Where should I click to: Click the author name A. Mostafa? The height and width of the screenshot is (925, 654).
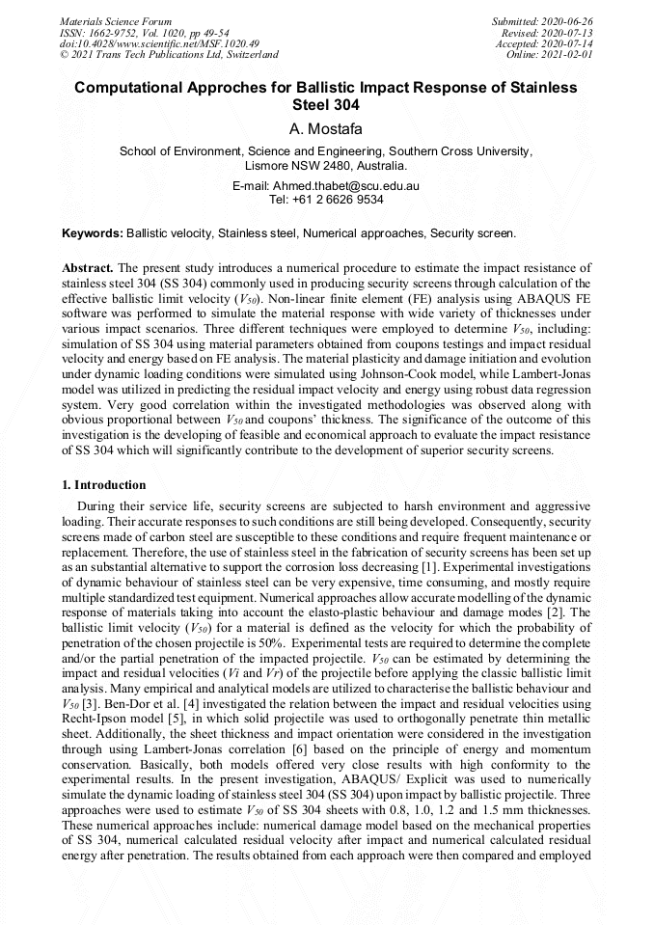click(327, 128)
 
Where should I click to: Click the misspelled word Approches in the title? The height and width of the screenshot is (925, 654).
click(248, 88)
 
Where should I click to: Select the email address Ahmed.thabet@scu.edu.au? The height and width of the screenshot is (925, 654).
click(346, 185)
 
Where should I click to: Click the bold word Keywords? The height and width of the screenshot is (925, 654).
click(93, 233)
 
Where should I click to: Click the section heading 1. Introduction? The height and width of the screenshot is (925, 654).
click(104, 485)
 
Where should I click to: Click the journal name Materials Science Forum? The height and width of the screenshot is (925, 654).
click(116, 21)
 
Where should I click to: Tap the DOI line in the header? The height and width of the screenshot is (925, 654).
click(159, 43)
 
